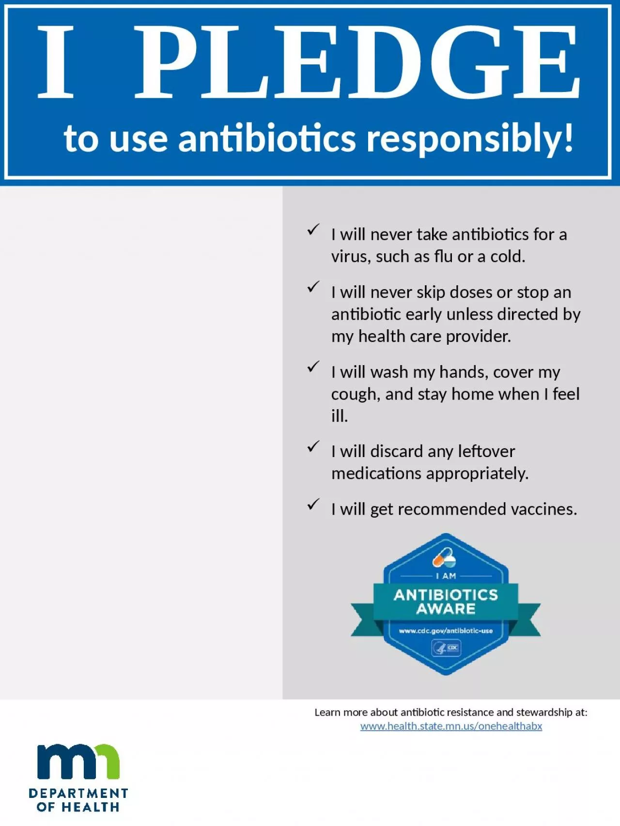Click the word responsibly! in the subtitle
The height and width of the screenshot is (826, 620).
pyautogui.click(x=470, y=139)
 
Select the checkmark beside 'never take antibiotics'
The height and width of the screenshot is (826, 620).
pyautogui.click(x=313, y=229)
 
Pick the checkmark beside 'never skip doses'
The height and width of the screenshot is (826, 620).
pyautogui.click(x=313, y=287)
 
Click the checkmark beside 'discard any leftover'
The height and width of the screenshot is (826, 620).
pyautogui.click(x=313, y=446)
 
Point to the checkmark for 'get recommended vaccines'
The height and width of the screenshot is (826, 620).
pyautogui.click(x=313, y=504)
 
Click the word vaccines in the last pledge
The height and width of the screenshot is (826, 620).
pyautogui.click(x=544, y=509)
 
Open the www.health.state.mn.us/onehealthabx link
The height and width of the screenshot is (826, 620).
pyautogui.click(x=451, y=726)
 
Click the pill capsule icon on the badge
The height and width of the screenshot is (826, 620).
pyautogui.click(x=444, y=558)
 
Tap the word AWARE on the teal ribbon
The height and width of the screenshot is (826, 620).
pyautogui.click(x=446, y=609)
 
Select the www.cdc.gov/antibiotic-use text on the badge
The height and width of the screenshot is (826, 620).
pyautogui.click(x=446, y=631)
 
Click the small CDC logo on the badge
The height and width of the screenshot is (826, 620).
pyautogui.click(x=446, y=648)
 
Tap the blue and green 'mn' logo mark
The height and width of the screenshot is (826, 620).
pyautogui.click(x=78, y=761)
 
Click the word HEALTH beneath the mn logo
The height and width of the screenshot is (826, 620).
pyautogui.click(x=91, y=807)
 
